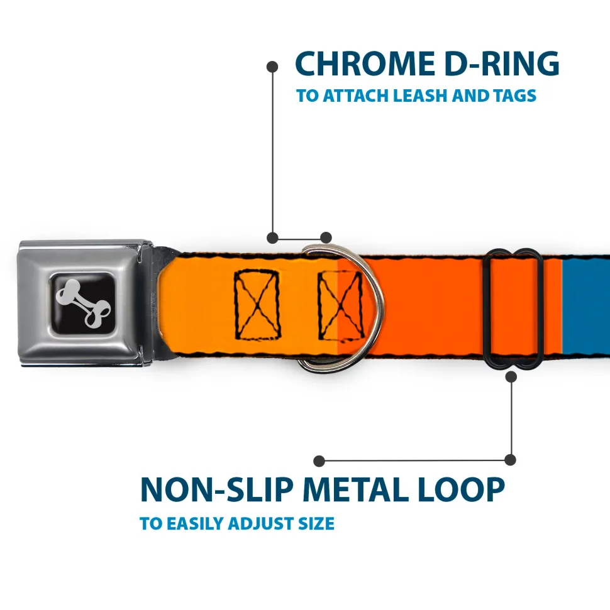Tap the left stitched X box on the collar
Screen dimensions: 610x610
(x=258, y=303)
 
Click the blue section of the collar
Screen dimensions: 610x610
(x=586, y=306)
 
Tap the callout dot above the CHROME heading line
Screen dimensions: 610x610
(x=272, y=65)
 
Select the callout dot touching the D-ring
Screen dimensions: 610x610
(x=326, y=237)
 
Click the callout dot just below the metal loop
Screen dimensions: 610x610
(x=511, y=377)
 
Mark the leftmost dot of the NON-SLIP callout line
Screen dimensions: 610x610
(x=319, y=461)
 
